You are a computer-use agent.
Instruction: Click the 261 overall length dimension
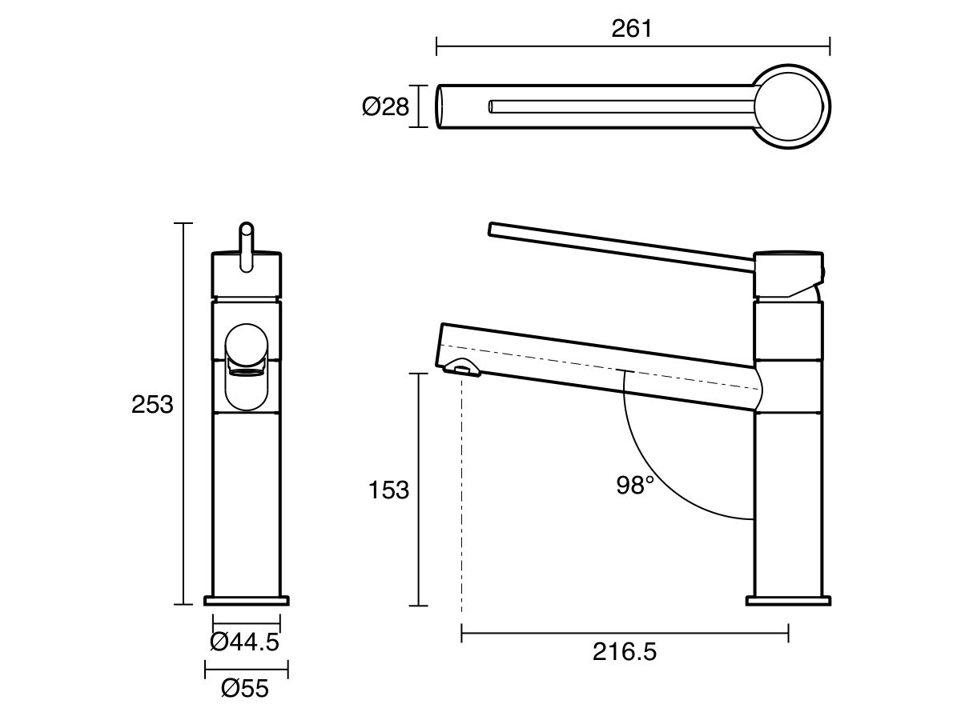pyautogui.click(x=632, y=29)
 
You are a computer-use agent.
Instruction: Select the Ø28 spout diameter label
pyautogui.click(x=385, y=106)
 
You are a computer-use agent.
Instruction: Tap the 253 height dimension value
pyautogui.click(x=152, y=405)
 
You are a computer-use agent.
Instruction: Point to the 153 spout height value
pyautogui.click(x=388, y=489)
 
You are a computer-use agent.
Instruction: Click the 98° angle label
pyautogui.click(x=635, y=485)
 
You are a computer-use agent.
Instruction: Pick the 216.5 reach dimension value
pyautogui.click(x=625, y=652)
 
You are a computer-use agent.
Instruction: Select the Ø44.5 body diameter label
pyautogui.click(x=244, y=641)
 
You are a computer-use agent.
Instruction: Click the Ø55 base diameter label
pyautogui.click(x=244, y=688)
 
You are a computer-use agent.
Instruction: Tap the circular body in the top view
pyautogui.click(x=790, y=106)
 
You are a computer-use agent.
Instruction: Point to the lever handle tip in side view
pyautogui.click(x=493, y=230)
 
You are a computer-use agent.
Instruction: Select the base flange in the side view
pyautogui.click(x=788, y=600)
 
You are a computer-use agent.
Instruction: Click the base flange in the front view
pyautogui.click(x=247, y=600)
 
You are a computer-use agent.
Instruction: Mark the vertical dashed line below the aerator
pyautogui.click(x=462, y=496)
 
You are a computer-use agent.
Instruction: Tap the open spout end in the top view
pyautogui.click(x=440, y=106)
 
